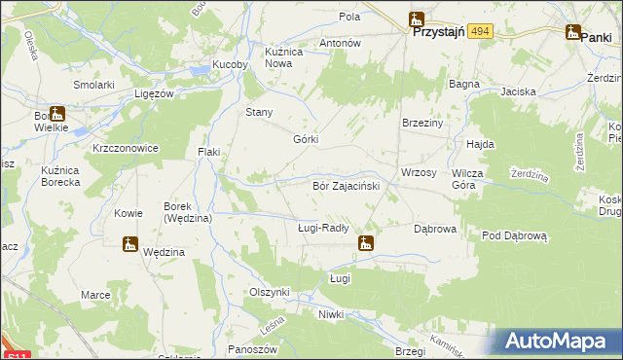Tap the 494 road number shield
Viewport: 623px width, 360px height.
479,32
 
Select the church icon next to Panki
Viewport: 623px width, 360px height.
572,33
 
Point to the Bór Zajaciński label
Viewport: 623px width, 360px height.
345,184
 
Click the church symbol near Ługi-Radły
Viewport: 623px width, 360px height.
366,243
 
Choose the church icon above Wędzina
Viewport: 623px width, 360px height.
130,244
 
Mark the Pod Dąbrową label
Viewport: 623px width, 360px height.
516,235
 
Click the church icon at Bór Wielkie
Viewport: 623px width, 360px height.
56,113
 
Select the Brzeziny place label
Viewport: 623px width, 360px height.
422,124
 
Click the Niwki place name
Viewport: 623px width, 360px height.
331,314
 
